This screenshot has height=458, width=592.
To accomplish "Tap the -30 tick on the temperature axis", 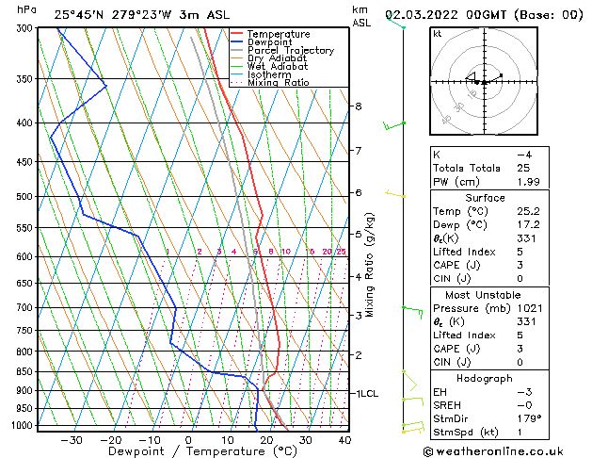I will pyautogui.click(x=72, y=439).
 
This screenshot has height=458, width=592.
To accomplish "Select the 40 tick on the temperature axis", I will pyautogui.click(x=344, y=439).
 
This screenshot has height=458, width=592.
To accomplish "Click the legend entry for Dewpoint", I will pyautogui.click(x=269, y=42).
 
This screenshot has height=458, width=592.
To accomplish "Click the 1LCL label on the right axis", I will pyautogui.click(x=364, y=393).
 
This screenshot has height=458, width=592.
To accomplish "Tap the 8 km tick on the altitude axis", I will pyautogui.click(x=359, y=106).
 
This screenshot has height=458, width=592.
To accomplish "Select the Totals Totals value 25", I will pyautogui.click(x=523, y=168).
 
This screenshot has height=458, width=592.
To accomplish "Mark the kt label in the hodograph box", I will pyautogui.click(x=438, y=33).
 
